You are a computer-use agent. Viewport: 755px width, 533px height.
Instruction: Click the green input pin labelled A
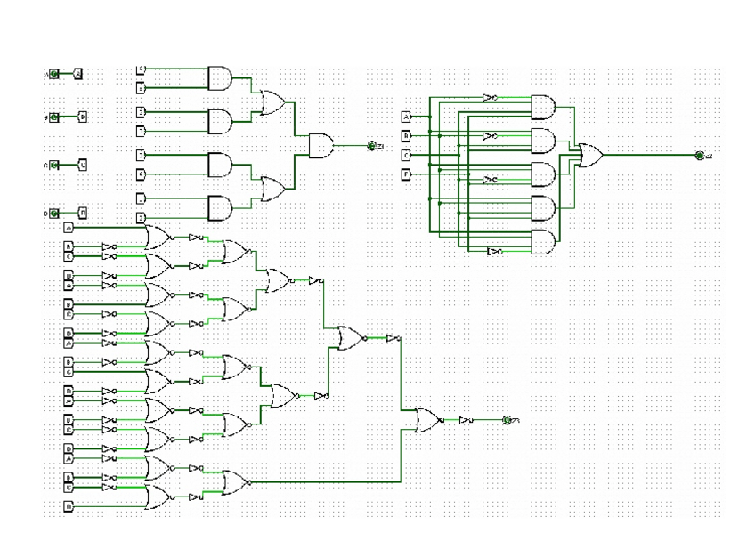point(54,74)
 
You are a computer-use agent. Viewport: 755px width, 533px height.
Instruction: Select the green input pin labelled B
point(54,117)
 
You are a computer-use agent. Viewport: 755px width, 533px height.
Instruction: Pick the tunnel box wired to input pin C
point(82,165)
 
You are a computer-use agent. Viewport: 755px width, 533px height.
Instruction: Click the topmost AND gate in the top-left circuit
point(219,78)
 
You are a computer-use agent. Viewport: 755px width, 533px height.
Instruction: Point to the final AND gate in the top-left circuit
point(321,144)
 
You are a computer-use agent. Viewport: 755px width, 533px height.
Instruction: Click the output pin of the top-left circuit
point(372,145)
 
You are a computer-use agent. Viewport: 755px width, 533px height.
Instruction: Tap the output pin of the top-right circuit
point(699,156)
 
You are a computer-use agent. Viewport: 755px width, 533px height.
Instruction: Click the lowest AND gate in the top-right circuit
point(542,242)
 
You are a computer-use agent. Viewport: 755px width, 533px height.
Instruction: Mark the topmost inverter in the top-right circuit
point(489,98)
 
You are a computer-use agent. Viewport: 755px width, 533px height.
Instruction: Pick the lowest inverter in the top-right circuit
point(494,252)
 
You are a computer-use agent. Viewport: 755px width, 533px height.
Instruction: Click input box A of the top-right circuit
point(407,117)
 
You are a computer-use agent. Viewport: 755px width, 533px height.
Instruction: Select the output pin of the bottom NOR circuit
point(507,420)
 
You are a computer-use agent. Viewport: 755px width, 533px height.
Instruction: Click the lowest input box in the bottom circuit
point(69,505)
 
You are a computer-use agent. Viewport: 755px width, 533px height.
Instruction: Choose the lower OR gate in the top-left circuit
point(271,188)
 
